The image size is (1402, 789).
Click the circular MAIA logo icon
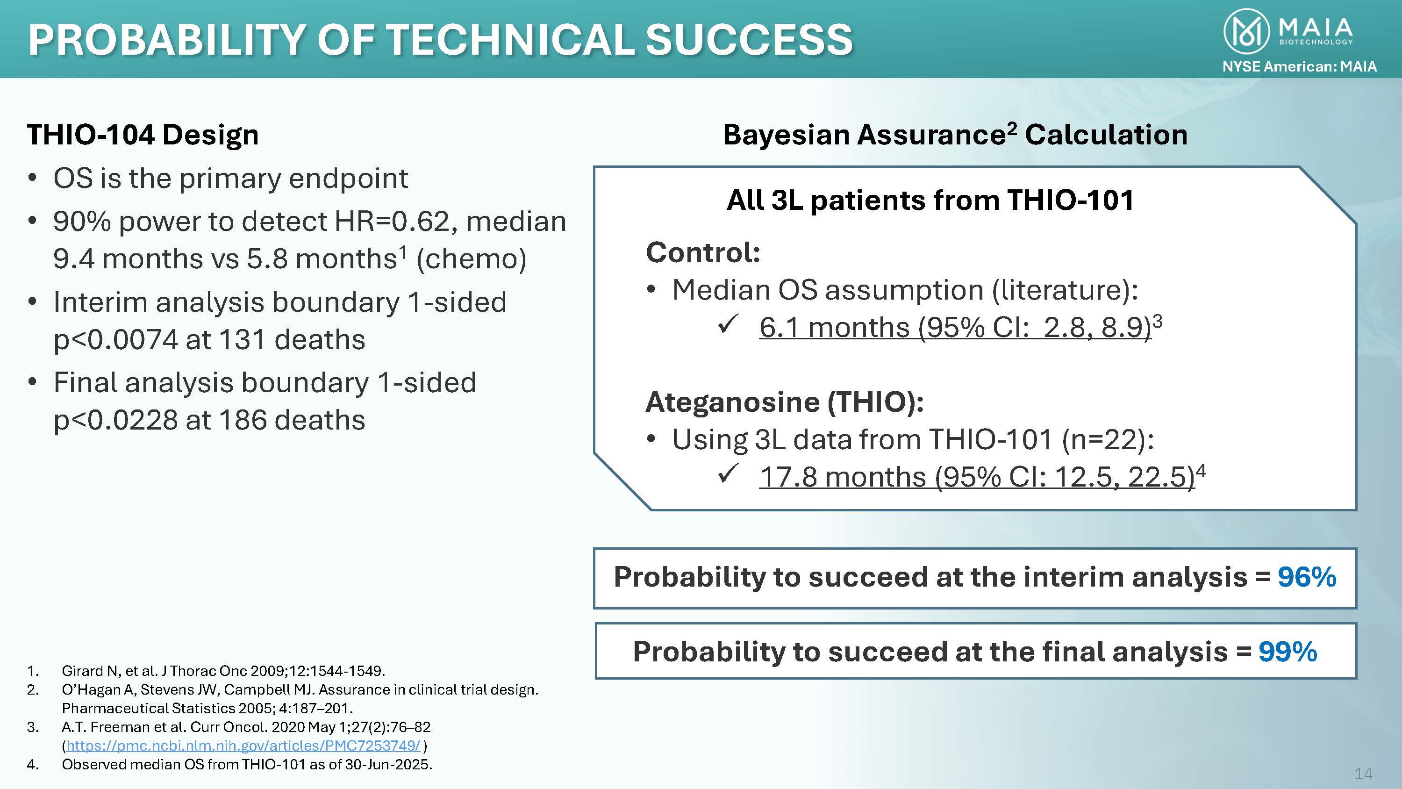[x=1247, y=32]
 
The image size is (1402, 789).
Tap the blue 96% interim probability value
[x=1307, y=577]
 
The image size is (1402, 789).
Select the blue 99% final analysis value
[x=1288, y=652]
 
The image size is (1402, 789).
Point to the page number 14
[x=1363, y=773]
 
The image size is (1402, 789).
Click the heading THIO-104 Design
[x=143, y=135]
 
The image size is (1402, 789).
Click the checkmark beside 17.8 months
[x=728, y=473]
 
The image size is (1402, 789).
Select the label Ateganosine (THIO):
[x=785, y=402]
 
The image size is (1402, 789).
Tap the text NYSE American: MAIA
[x=1300, y=66]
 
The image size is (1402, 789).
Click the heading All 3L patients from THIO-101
[x=930, y=200]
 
